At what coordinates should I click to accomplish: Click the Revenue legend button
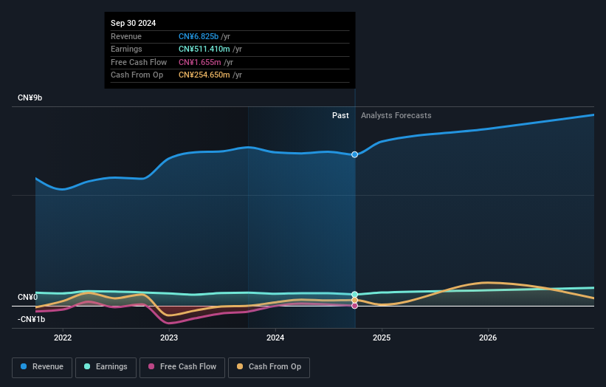42,366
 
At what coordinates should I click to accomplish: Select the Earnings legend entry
105,366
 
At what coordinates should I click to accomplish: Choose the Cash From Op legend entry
269,366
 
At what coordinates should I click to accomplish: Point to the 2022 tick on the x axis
63,338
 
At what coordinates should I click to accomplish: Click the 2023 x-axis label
169,338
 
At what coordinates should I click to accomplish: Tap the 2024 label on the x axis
275,338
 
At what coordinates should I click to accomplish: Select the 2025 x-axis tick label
382,338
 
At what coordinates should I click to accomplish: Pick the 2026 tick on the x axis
488,338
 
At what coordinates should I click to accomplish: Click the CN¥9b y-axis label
30,98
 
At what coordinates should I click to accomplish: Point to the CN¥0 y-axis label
28,297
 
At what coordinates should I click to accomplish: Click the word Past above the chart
340,115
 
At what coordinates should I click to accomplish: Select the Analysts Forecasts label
396,115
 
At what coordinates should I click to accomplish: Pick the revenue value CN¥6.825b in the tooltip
199,36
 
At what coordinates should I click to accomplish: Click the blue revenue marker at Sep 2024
355,154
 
